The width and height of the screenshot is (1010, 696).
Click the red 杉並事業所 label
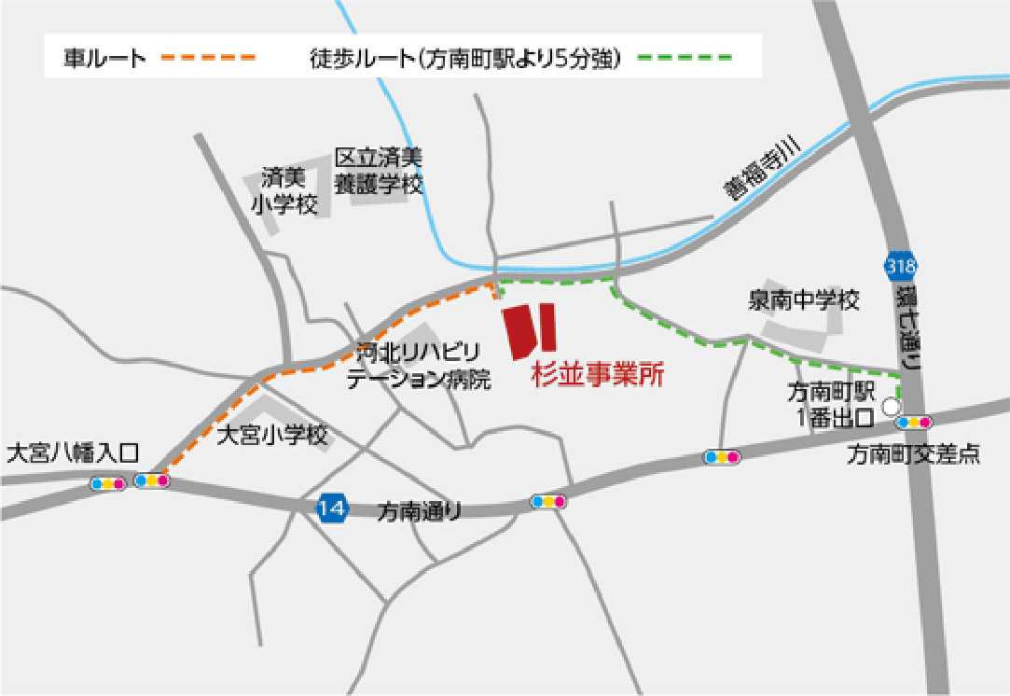[x=598, y=375]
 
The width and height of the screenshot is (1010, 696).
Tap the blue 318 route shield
[x=902, y=267]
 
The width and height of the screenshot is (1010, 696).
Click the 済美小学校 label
[x=284, y=191]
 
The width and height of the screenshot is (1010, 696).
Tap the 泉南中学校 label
[x=803, y=300]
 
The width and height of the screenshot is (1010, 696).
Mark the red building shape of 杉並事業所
[x=530, y=331]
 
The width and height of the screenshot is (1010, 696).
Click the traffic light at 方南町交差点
[x=913, y=422]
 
